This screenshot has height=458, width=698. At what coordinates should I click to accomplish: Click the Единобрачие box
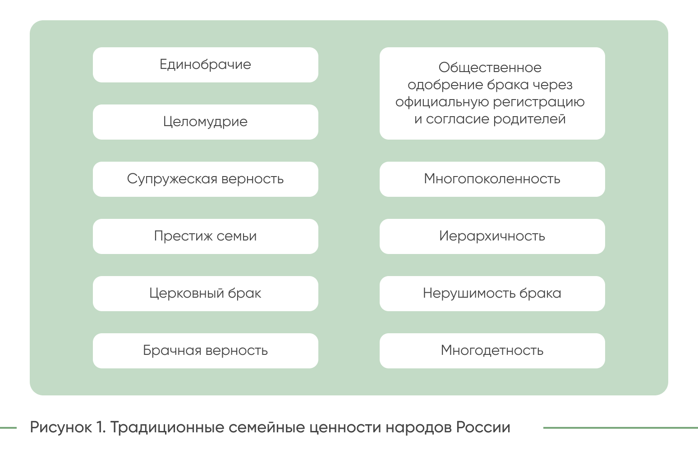[205, 65]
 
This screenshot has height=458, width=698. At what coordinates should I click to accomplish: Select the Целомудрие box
[205, 122]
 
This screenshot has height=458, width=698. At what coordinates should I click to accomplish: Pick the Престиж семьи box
[205, 236]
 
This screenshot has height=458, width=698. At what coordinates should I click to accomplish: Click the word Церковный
[186, 294]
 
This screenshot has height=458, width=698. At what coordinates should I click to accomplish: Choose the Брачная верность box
[205, 351]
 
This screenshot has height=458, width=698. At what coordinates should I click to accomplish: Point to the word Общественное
[490, 68]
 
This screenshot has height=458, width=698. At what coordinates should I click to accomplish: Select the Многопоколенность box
[492, 179]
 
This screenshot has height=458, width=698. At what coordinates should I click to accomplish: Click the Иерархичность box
[492, 236]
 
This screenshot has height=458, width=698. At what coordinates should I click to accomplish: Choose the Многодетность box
[492, 351]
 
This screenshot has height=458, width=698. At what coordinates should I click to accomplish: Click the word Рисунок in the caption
[61, 427]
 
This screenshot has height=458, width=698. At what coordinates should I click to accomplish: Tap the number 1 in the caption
[100, 427]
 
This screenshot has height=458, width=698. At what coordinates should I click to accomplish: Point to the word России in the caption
[483, 427]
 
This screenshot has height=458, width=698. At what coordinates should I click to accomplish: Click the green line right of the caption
[620, 428]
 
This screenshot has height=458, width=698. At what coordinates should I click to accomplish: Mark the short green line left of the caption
[8, 428]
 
